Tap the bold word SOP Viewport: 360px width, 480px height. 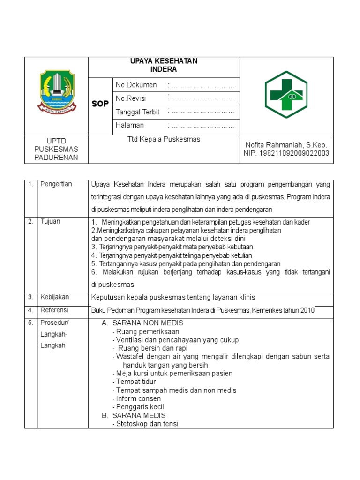[100, 104]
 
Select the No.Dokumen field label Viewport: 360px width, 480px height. [136, 85]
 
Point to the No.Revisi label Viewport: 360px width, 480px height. [131, 98]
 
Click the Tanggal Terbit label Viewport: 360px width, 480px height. [138, 112]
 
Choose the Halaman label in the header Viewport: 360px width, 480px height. [130, 125]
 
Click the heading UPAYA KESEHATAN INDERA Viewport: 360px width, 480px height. [164, 65]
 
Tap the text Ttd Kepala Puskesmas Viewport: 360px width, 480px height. [164, 139]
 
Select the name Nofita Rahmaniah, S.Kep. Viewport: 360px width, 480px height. [286, 145]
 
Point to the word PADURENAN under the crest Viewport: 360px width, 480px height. [56, 157]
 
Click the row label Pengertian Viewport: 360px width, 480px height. [56, 184]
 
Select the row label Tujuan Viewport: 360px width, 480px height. [50, 221]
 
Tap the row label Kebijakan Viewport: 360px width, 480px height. [54, 297]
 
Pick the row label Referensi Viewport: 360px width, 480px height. [54, 310]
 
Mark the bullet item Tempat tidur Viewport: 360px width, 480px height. [136, 382]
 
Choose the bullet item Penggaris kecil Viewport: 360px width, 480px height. [140, 407]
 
